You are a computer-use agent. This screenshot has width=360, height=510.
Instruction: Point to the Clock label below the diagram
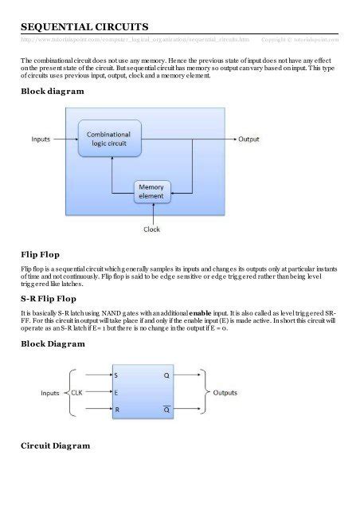(x=151, y=229)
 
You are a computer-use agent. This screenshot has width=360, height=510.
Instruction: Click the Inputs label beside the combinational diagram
(x=41, y=139)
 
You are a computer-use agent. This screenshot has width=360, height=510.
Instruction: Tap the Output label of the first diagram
(x=248, y=139)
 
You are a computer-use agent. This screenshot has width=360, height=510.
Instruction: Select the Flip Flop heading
(x=43, y=254)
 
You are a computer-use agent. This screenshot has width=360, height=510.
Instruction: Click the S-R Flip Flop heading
(x=53, y=299)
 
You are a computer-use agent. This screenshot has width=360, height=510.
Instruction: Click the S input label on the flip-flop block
(x=116, y=375)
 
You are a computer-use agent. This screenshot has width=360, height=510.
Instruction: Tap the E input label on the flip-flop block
(x=116, y=393)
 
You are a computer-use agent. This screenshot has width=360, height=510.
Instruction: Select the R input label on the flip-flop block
(x=116, y=410)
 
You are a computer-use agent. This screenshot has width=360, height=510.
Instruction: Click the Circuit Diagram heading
(x=55, y=445)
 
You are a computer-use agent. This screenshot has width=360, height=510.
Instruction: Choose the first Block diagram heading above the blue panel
(x=52, y=92)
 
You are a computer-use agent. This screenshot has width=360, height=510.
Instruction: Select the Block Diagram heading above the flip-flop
(x=53, y=343)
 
